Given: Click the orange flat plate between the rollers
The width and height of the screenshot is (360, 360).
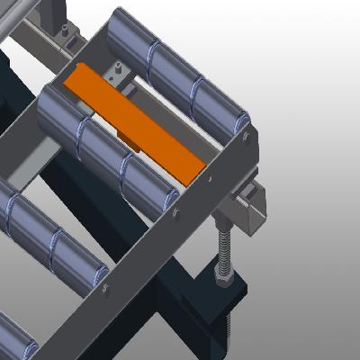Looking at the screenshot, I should click(135, 126).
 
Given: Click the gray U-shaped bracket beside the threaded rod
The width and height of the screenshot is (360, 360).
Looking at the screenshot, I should click(252, 202).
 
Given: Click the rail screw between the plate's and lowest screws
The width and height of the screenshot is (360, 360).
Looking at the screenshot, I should click(175, 215).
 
